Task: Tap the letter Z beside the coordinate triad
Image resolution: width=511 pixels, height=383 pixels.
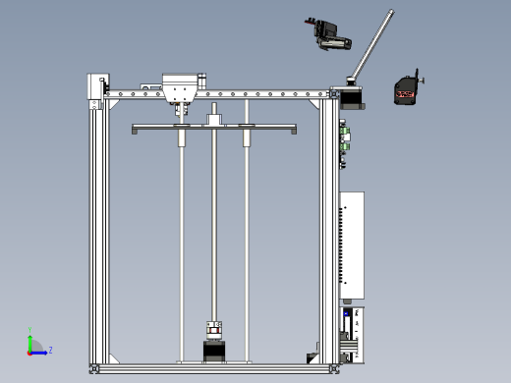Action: (x=50, y=350)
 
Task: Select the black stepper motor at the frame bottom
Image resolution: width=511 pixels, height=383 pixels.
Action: (x=213, y=351)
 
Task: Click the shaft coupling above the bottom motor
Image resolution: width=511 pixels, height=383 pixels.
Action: (x=213, y=329)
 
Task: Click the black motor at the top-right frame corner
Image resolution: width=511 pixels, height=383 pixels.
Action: (x=350, y=96)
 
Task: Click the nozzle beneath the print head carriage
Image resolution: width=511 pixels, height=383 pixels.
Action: (x=180, y=109)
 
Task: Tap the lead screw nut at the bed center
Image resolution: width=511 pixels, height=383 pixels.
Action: (x=214, y=121)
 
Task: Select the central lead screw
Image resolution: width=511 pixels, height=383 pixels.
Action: (x=213, y=226)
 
